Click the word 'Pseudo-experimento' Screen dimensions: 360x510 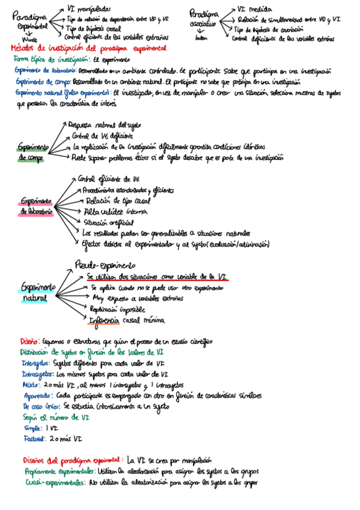(105, 265)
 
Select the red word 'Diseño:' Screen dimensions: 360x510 (29, 341)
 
